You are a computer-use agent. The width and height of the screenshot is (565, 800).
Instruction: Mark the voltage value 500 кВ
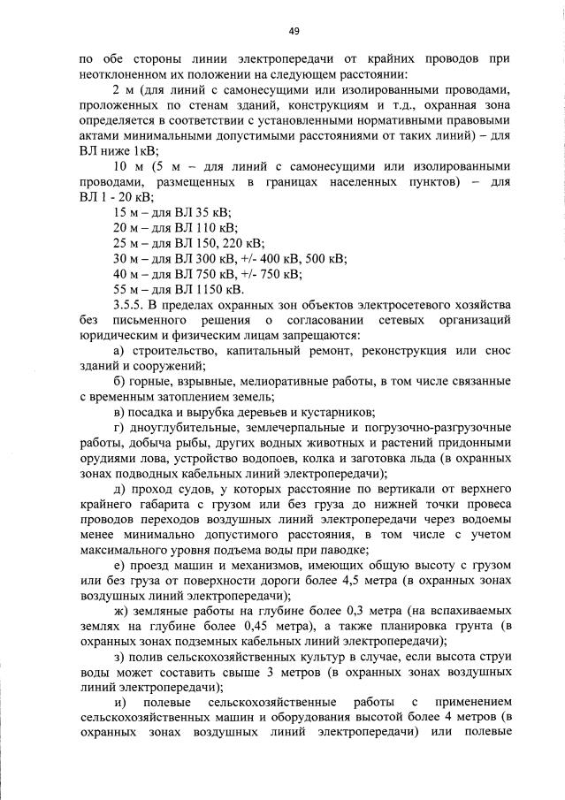coord(327,258)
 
